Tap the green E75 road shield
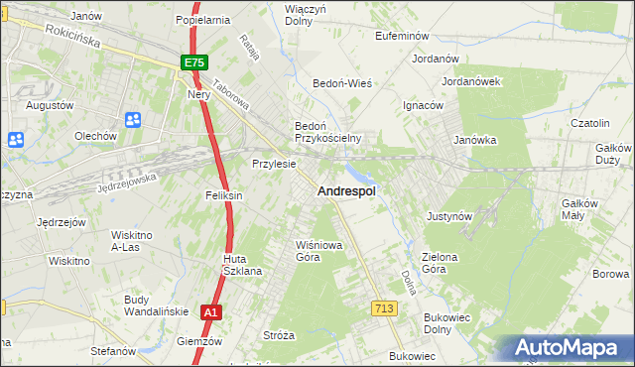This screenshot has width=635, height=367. pos(194,62)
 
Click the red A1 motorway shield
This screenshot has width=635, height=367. pos(210,312)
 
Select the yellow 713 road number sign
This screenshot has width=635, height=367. pos(385,309)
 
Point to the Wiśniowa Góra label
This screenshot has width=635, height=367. pos(308,250)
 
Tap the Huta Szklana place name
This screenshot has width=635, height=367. pos(242,265)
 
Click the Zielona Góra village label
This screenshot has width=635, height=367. pos(440,263)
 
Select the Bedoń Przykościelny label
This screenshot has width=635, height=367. pos(326,132)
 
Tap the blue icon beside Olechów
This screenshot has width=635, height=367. pos(133,120)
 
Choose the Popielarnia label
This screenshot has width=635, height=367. pos(202,19)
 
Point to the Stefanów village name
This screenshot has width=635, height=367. pos(112,351)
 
